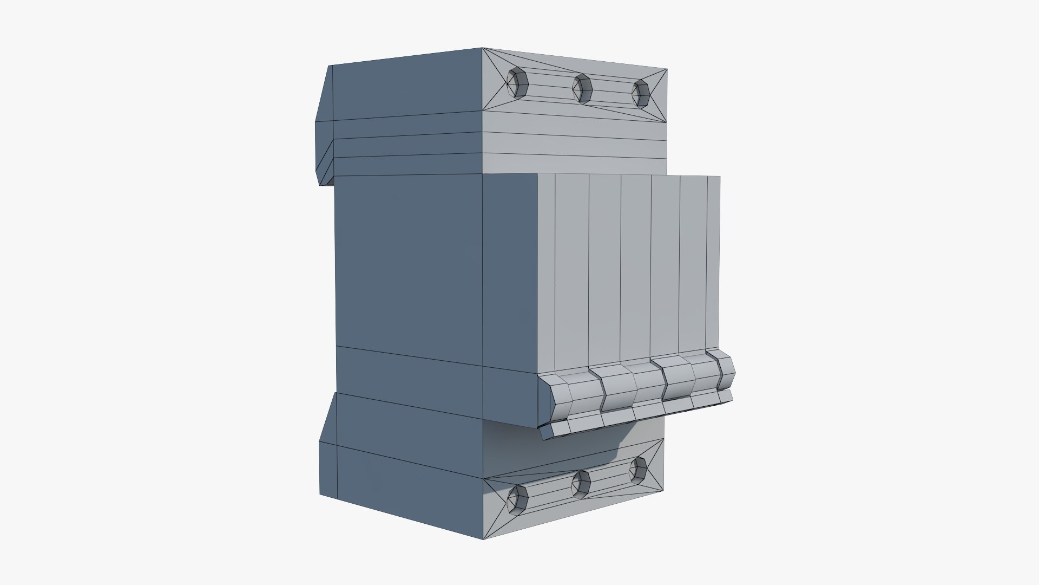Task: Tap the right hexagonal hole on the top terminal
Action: [640, 93]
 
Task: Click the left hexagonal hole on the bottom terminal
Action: [518, 498]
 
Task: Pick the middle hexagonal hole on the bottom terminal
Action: [581, 483]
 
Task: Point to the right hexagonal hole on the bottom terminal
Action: [639, 470]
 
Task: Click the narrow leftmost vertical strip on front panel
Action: [547, 271]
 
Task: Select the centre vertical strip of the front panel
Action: [636, 265]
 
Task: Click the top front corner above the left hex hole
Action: [483, 49]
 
